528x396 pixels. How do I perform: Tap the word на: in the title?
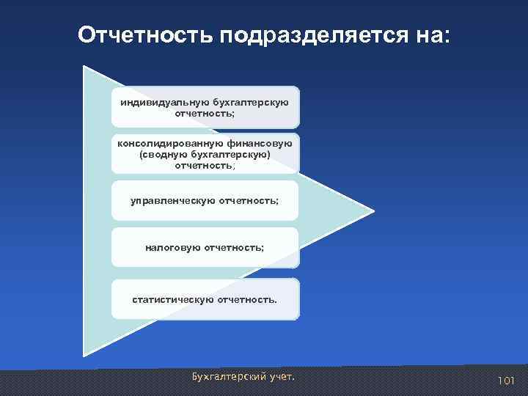(431, 35)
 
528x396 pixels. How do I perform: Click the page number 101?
(506, 381)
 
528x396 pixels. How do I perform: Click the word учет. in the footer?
(282, 377)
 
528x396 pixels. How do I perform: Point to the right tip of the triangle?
(373, 211)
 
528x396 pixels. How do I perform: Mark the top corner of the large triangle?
(84, 67)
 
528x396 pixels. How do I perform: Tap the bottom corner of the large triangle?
(84, 355)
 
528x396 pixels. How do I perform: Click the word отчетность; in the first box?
(205, 114)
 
